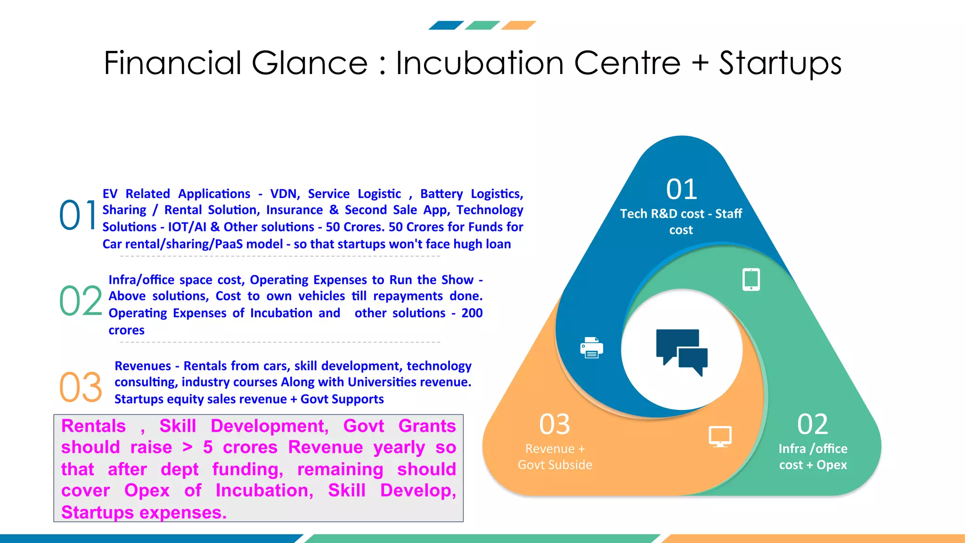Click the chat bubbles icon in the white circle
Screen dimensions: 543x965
(x=681, y=352)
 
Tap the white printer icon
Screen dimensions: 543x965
(x=591, y=348)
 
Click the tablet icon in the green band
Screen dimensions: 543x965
(x=751, y=280)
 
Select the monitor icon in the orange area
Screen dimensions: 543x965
(x=720, y=436)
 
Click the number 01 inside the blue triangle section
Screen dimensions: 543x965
(x=681, y=189)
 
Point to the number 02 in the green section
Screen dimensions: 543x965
(x=812, y=424)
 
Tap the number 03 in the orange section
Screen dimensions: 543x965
(x=555, y=424)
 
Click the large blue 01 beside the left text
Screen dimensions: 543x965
(x=78, y=215)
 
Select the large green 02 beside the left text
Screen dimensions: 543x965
(x=81, y=301)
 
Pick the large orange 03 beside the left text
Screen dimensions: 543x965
(x=81, y=387)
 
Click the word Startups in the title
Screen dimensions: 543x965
(x=780, y=63)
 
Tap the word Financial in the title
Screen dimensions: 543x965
(x=172, y=63)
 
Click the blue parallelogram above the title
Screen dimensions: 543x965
(x=446, y=25)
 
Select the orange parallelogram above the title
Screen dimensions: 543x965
(x=518, y=25)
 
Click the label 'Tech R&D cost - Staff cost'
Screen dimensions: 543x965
(x=681, y=222)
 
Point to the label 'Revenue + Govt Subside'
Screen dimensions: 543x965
(x=555, y=456)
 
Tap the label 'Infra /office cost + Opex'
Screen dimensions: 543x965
(x=813, y=456)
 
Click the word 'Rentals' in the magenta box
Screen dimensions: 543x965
(x=93, y=426)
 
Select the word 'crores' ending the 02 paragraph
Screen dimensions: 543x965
(x=126, y=330)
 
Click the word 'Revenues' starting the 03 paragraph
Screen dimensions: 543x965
(x=143, y=366)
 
